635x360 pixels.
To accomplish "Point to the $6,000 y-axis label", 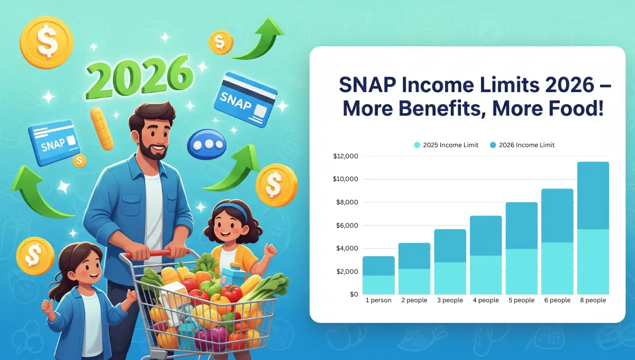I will [346, 226].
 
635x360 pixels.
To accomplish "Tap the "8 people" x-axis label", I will [593, 300].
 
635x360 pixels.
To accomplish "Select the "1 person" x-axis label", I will [378, 300].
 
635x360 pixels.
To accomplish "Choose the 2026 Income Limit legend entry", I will [522, 145].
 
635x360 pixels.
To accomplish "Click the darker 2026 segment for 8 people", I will [593, 195].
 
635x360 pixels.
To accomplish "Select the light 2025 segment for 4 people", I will [486, 275].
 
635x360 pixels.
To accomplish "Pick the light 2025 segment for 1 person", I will [378, 285].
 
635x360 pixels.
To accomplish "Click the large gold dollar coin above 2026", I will [46, 40].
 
